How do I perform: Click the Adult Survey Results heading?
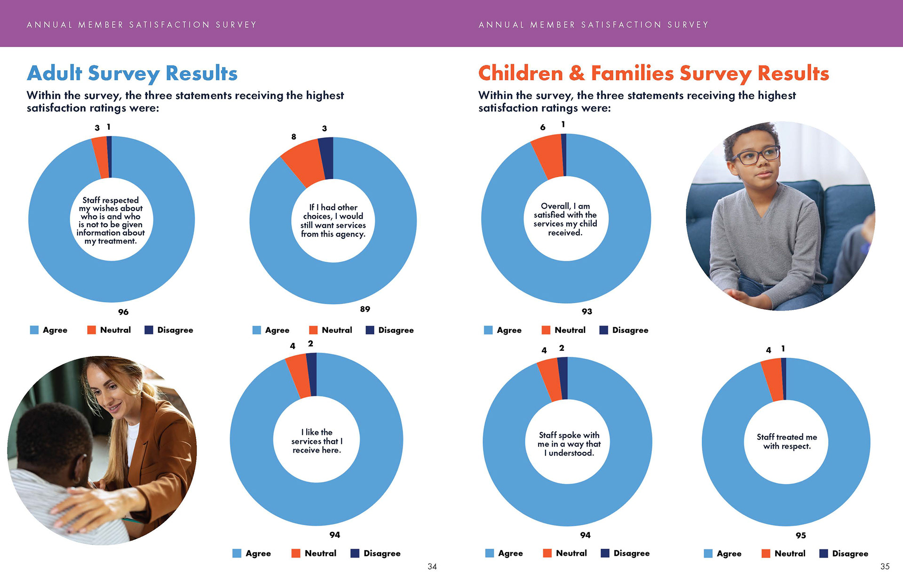click(x=132, y=73)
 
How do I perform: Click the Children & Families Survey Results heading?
click(x=653, y=73)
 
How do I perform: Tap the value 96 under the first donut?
click(x=123, y=312)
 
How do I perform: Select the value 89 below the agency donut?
click(x=365, y=309)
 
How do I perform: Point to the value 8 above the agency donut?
click(x=293, y=136)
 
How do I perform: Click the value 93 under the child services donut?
click(x=587, y=311)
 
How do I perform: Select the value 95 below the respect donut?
click(x=800, y=535)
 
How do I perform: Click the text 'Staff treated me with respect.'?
click(x=787, y=442)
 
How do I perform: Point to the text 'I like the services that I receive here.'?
click(x=317, y=441)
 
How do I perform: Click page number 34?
click(x=432, y=567)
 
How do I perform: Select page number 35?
click(x=885, y=567)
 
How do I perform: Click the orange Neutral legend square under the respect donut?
click(x=766, y=553)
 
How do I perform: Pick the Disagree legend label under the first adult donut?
click(x=175, y=330)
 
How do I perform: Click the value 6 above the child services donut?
click(x=543, y=127)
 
